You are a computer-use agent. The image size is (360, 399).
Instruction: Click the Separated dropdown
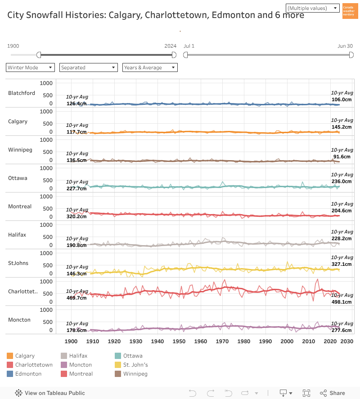coord(89,67)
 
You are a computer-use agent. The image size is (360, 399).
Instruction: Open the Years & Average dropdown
coord(150,67)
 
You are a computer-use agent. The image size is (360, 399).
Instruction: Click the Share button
coord(333,393)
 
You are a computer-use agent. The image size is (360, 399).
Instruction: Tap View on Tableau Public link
coord(50,393)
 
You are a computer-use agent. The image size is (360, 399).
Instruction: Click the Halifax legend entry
coord(78,356)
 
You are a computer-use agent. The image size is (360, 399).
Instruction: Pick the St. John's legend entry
coord(135,365)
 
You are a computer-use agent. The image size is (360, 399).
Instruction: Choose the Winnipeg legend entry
coord(135,374)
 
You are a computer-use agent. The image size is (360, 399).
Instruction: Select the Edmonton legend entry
coord(28,374)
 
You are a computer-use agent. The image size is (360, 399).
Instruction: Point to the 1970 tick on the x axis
coord(222,341)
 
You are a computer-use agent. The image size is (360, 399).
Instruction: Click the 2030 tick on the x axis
coord(346,341)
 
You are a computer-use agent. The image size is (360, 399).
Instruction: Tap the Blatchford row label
coord(22,93)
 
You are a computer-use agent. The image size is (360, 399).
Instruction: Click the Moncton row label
coord(19,320)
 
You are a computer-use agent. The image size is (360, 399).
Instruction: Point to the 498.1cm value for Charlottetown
coord(341,302)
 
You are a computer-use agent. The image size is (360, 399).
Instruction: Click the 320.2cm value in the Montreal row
coord(76,216)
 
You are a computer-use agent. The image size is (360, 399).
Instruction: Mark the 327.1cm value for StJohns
coord(341,265)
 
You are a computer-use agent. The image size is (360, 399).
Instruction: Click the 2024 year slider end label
coord(170,46)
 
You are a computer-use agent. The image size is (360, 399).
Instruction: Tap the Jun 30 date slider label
coord(345,46)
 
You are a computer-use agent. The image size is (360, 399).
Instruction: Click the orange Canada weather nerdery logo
coord(350,11)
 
